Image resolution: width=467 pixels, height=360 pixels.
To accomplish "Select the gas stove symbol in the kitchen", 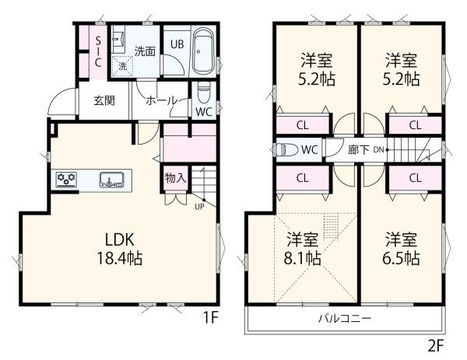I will coord(66,181).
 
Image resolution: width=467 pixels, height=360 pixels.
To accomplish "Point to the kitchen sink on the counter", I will coord(112,181).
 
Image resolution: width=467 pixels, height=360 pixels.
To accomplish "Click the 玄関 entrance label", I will coord(104,101).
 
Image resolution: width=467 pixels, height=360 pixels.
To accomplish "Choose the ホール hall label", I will coord(161,101).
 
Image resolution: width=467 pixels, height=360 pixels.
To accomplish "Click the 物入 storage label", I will coord(175,177).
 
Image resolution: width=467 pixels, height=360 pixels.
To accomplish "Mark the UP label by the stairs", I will coord(199,207).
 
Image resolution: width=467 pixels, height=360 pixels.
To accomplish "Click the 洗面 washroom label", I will coord(144,51).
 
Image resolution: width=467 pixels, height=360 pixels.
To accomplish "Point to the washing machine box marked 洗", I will coord(122,67).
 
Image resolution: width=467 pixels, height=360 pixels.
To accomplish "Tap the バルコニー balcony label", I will coord(343,320).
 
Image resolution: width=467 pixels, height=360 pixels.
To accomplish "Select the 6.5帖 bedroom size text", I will coord(402,257).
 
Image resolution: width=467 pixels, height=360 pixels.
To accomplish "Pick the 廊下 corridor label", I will coord(359,150).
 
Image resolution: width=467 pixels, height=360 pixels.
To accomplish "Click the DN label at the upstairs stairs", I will coord(377,149).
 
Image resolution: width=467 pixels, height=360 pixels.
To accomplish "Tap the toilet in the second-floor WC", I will coord(287,150).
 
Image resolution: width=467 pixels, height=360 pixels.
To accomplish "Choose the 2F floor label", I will coord(435,343).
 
